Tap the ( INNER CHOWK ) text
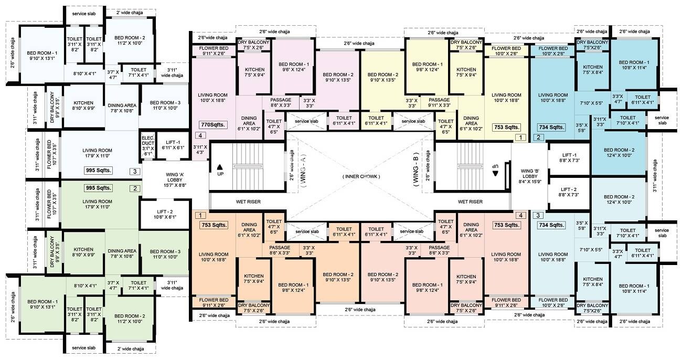pos(361,176)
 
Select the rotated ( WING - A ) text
pos(303,177)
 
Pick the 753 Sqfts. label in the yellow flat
pos(506,127)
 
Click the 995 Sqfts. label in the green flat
pos(98,188)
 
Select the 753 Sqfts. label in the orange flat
pos(214,225)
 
